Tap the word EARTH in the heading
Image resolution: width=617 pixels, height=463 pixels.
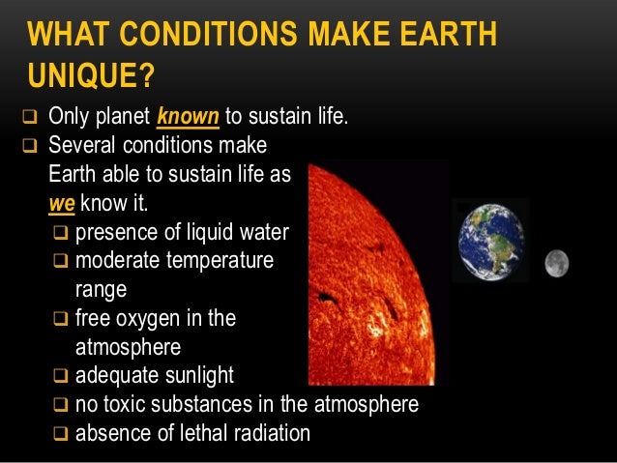click(x=446, y=36)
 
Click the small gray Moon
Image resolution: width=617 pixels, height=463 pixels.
click(x=556, y=262)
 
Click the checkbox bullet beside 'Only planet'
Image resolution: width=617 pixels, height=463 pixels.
click(x=27, y=120)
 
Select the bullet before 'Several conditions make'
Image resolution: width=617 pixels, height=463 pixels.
click(x=27, y=148)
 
